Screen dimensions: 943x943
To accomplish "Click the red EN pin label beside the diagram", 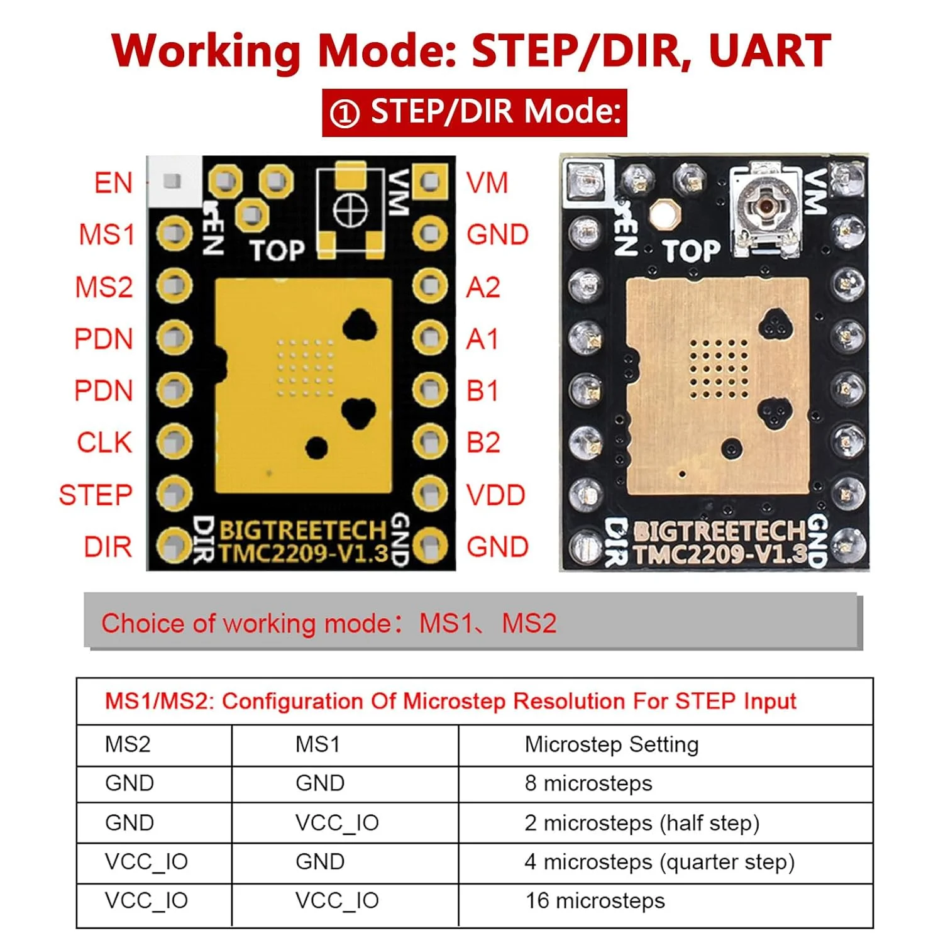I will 114,184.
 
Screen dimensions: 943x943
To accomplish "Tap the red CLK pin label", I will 104,443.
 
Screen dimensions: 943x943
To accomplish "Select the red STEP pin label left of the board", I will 96,495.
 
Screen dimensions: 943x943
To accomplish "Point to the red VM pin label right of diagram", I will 487,184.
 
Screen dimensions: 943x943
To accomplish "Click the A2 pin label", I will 483,287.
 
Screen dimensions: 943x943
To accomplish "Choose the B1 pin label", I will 483,391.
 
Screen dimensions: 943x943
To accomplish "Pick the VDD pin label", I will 495,495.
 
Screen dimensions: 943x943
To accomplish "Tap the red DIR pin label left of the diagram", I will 108,547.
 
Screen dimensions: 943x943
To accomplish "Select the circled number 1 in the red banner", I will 345,114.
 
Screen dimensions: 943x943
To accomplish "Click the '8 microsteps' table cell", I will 588,783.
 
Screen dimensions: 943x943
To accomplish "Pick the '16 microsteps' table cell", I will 595,901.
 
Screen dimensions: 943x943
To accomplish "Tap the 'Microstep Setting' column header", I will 611,744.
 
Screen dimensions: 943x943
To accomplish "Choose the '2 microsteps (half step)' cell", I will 642,823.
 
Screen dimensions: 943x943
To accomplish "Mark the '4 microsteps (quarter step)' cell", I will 659,862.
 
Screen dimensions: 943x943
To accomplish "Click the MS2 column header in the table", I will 128,744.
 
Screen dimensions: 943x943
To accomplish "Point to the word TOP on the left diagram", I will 277,251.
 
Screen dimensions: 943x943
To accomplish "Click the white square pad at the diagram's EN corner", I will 172,181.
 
